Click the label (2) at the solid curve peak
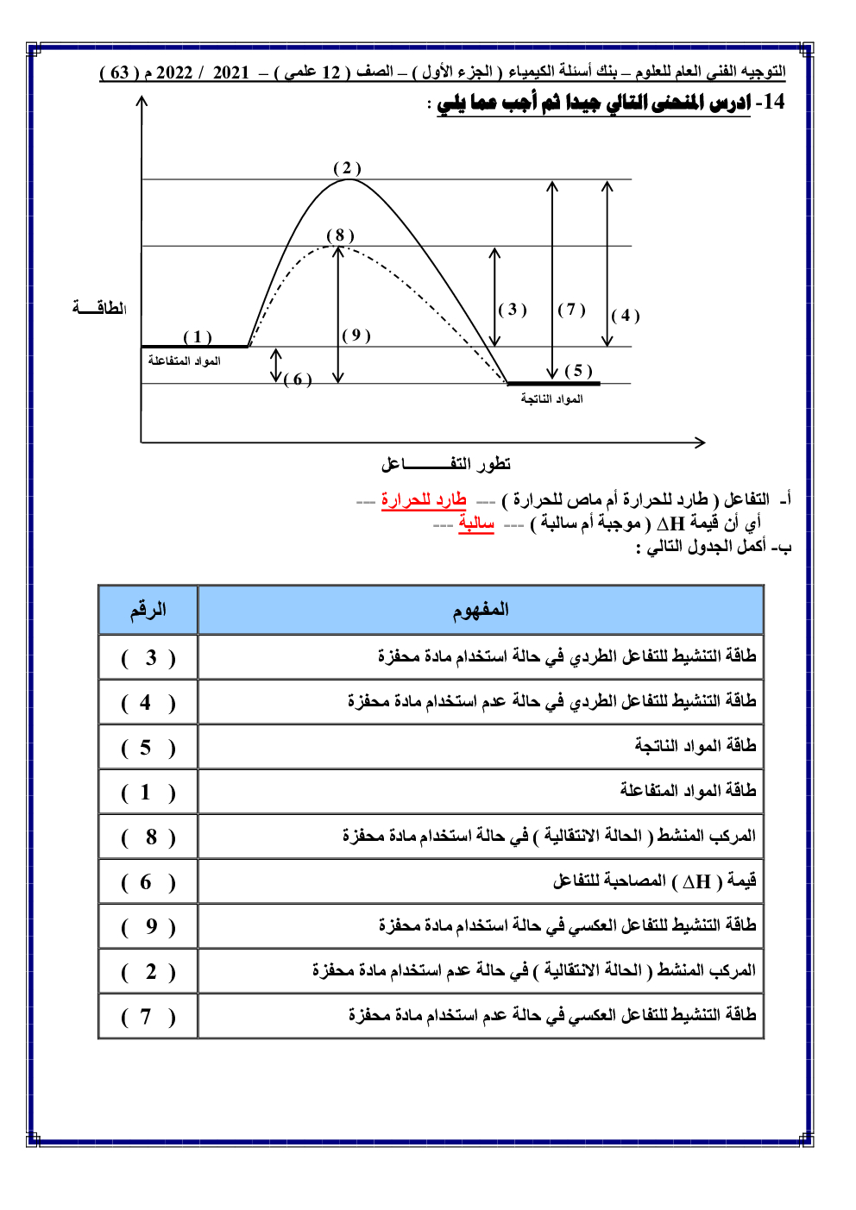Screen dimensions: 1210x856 [x=347, y=168]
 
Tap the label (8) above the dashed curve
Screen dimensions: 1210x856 [x=340, y=235]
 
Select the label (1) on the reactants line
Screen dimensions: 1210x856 [x=198, y=336]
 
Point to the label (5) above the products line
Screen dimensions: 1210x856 [x=578, y=371]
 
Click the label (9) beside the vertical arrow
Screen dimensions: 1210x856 [x=356, y=335]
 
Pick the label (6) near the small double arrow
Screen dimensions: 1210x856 [x=298, y=379]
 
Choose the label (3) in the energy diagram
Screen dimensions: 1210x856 [x=513, y=309]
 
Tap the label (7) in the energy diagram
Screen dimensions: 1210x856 [x=571, y=309]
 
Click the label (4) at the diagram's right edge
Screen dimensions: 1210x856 [x=626, y=315]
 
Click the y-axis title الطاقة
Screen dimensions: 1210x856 [x=99, y=308]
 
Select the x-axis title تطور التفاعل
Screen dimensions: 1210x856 [x=445, y=464]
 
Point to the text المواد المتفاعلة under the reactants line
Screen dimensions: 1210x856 [x=184, y=360]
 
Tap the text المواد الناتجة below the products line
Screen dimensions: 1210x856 [x=551, y=398]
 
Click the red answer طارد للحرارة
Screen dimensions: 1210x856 [x=424, y=500]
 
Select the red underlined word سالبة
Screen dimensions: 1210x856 [x=476, y=523]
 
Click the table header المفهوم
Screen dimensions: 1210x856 [x=481, y=610]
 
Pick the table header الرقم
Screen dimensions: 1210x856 [x=148, y=610]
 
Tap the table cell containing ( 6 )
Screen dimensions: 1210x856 [x=148, y=882]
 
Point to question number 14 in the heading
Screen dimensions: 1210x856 [x=770, y=102]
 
